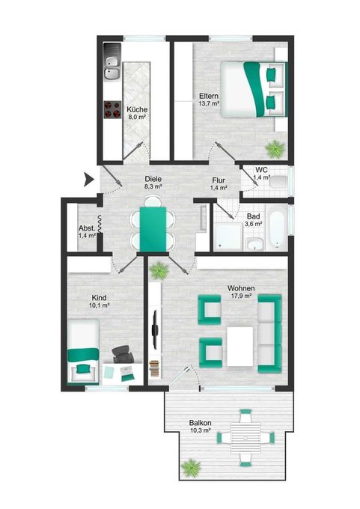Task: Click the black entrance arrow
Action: (88, 180)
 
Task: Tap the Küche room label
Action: (137, 110)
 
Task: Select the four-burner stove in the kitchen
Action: (112, 109)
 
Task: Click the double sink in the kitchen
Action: (112, 69)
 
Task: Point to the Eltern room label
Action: (208, 97)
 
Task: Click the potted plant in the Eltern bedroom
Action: (275, 149)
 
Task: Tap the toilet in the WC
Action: (278, 181)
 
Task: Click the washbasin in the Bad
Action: (255, 244)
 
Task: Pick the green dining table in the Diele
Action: (153, 228)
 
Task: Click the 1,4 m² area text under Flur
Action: (218, 188)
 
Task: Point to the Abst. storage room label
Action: (87, 228)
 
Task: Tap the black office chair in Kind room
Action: (123, 354)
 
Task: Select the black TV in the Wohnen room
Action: (156, 329)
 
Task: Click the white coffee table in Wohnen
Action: (240, 347)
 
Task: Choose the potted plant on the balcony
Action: (191, 467)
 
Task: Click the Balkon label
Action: (201, 423)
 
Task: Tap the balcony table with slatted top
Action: (245, 438)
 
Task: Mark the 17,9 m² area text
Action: (240, 296)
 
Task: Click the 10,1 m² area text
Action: (99, 305)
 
